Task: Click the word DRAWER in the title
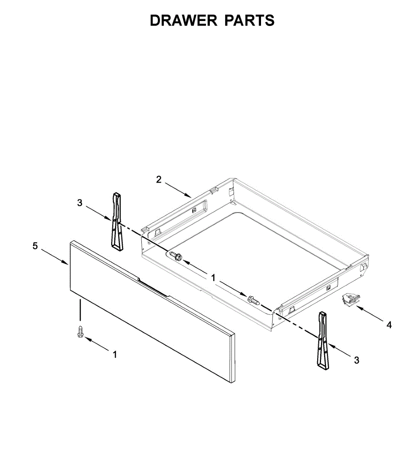[183, 21]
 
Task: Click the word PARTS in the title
[249, 21]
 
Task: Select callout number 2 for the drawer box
[159, 179]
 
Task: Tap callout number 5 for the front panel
[35, 246]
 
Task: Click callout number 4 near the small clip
[389, 325]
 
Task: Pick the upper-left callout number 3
[79, 203]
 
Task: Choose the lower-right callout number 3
[356, 360]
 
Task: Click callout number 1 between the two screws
[213, 278]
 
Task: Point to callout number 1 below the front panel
[114, 355]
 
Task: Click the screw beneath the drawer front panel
[80, 331]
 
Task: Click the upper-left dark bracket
[117, 221]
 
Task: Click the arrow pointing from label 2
[178, 189]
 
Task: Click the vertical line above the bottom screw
[80, 310]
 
